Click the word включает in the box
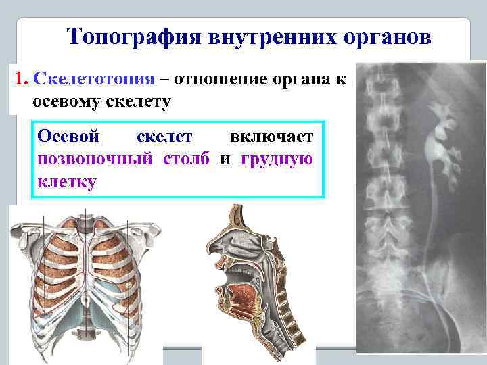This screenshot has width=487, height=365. [271, 137]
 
